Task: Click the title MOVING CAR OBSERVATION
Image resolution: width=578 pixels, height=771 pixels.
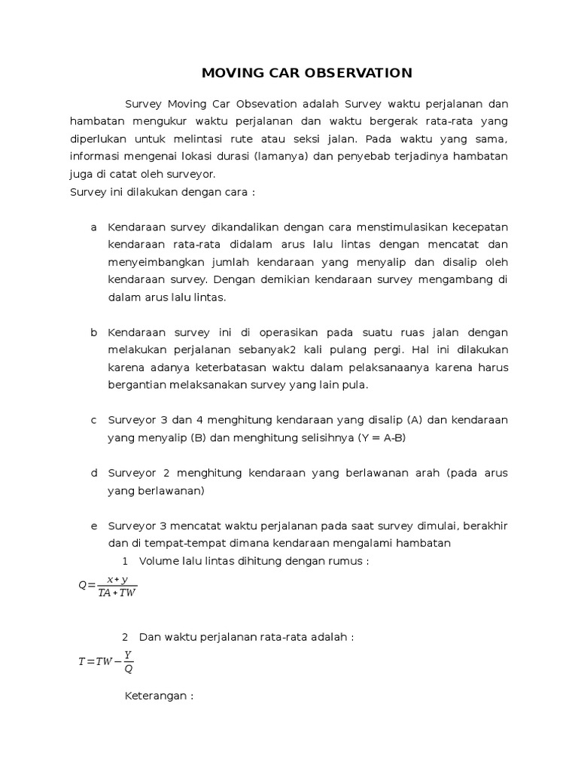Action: click(x=307, y=73)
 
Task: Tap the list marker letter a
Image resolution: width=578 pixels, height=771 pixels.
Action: click(x=93, y=227)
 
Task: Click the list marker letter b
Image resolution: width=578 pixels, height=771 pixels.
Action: click(x=93, y=332)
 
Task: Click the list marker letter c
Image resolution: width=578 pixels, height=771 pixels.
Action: click(x=93, y=419)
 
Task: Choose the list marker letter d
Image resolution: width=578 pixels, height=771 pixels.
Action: click(x=93, y=472)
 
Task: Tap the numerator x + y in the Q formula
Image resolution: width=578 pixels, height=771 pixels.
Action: click(x=117, y=579)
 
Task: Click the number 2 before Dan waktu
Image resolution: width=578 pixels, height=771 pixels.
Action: click(x=125, y=637)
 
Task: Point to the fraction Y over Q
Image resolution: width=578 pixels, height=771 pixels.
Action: click(x=128, y=662)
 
